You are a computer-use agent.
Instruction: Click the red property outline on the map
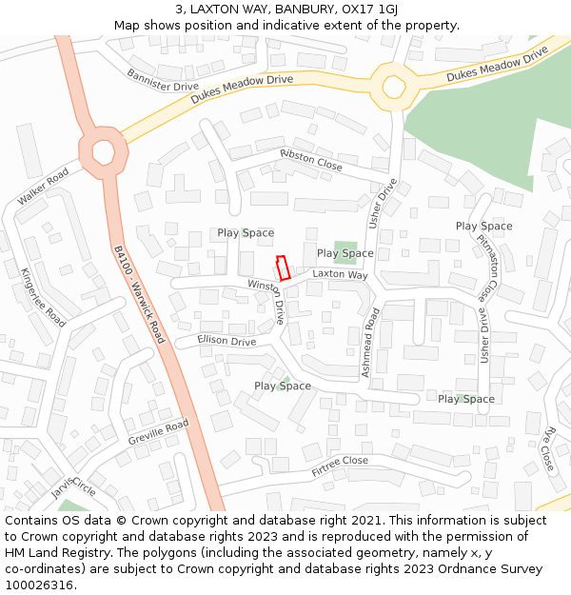coord(283,268)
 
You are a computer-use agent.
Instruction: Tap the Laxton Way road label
coord(340,274)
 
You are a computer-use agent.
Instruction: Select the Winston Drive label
coord(267,300)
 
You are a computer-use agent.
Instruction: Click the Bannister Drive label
coord(162,80)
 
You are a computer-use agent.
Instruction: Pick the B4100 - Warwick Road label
coord(139,295)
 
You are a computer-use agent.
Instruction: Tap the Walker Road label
coord(43,187)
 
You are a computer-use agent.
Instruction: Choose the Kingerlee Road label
coord(43,297)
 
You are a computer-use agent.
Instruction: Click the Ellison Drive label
coord(226,341)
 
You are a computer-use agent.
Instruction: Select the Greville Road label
coord(158,432)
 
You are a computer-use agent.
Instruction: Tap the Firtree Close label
coord(339,466)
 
